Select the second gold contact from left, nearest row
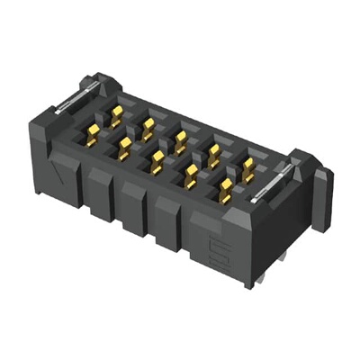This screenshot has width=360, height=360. tap(124, 147)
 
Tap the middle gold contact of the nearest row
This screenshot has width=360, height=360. tap(157, 160)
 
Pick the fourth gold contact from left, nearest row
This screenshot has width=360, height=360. tap(191, 175)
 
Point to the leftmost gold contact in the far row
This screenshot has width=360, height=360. tap(116, 114)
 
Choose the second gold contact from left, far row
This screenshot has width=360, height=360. tap(148, 125)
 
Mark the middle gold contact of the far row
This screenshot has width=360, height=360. tap(181, 139)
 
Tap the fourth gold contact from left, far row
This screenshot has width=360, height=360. tap(214, 151)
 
